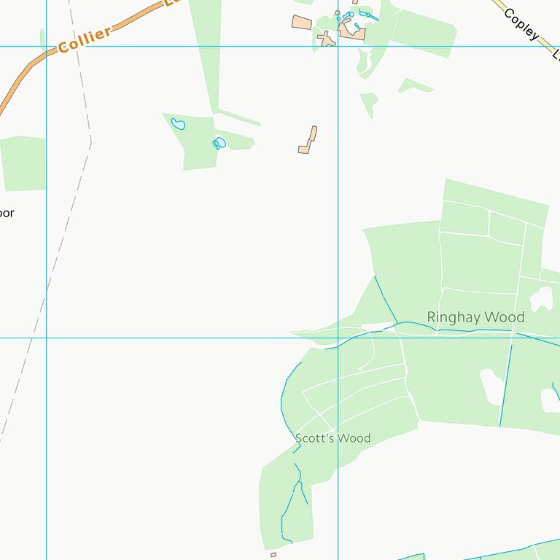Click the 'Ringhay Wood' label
pos(475,317)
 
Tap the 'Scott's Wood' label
pos(332,438)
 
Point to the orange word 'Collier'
pos(85,39)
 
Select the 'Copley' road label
pos(521,24)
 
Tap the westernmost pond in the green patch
pos(178,124)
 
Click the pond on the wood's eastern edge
pos(219,143)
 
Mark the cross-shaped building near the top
pos(327,38)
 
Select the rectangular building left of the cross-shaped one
pos(302,23)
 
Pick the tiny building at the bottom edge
pos(273,555)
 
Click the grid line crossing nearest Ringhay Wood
pos(338,338)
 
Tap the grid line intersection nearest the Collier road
pos(46,47)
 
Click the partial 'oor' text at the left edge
pos(7,214)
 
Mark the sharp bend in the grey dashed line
pos(91,142)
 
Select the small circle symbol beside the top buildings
pos(337,13)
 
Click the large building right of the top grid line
pos(351,31)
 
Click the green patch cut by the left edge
pos(22,162)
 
